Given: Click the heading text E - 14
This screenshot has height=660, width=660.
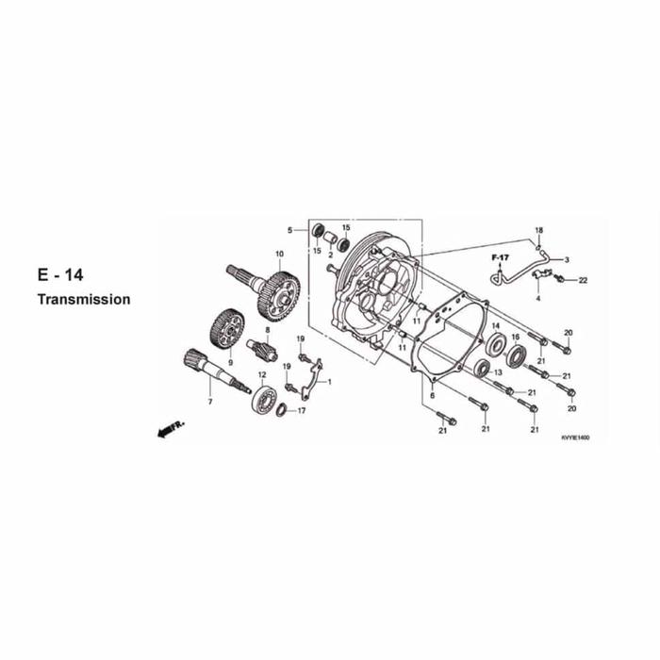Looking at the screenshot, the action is pos(60,275).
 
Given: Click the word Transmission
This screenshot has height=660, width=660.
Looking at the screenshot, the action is pos(84,299).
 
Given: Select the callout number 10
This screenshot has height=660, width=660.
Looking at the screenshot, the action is pos(279,254).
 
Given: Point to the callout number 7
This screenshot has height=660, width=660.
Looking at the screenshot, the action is pos(210,402).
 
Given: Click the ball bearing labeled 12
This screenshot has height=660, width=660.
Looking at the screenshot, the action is pos(263,397).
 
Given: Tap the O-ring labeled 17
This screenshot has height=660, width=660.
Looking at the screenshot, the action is pos(282,410).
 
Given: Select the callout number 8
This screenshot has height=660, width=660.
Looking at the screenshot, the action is pos(267,330).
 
